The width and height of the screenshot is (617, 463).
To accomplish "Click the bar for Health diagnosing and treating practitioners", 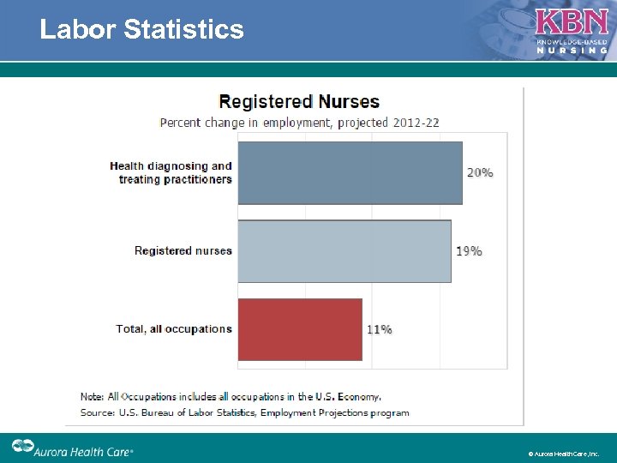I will coord(350,172).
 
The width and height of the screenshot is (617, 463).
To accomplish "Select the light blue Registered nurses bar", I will coord(344,251).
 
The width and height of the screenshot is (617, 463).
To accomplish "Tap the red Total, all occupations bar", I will coord(299,329).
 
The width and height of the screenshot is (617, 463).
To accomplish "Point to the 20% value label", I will coord(480,172).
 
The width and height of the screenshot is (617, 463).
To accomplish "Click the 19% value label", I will coord(469,251).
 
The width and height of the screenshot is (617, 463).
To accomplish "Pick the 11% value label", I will coord(380,329).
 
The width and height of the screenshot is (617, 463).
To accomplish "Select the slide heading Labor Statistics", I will coord(141,30).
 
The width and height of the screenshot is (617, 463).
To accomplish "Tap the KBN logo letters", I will coord(572,22).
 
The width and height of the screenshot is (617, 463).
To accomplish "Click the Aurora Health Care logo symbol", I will coord(21,447).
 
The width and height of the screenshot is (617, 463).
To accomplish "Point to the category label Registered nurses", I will coord(183,251).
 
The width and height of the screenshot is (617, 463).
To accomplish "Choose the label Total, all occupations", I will coord(174,329).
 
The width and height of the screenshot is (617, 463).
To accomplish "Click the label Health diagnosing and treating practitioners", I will coord(171,172).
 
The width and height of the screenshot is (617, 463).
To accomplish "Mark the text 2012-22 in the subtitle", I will coord(416,123).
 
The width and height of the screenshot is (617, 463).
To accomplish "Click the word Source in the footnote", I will coord(97,412).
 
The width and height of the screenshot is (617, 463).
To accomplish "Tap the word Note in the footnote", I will coord(92,397).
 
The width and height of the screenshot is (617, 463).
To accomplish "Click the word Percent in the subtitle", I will coord(180,123).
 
